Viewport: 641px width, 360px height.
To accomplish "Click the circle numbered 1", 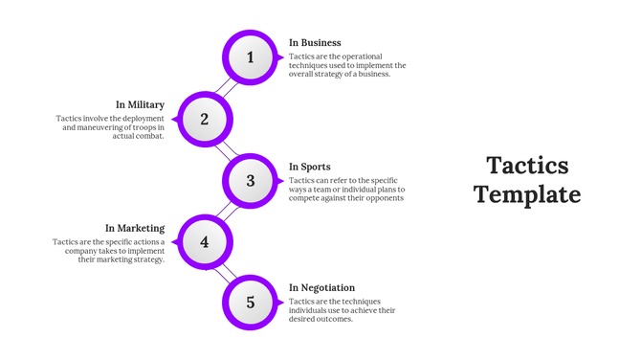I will point(251,57).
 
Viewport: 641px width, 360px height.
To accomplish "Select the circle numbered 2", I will point(205,120).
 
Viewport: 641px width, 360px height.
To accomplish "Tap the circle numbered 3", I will point(251,181).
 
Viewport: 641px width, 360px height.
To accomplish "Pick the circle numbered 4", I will point(205,242).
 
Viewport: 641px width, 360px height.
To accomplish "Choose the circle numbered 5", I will point(251,303).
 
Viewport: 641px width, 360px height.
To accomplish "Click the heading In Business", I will point(315,43).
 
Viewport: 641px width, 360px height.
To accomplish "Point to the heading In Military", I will point(141,104).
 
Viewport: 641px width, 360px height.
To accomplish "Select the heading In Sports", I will point(310,167).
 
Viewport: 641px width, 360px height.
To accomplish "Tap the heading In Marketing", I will point(135,228).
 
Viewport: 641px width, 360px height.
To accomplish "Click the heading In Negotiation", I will point(322,287).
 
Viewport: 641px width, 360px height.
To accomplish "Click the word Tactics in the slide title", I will point(527,166).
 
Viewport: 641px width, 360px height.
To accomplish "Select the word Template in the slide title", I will point(527,194).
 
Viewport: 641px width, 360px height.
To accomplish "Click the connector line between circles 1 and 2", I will point(227,88).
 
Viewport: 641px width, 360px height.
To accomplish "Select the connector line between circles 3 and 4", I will point(227,212).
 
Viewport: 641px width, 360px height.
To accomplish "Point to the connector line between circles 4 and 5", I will point(228,273).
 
